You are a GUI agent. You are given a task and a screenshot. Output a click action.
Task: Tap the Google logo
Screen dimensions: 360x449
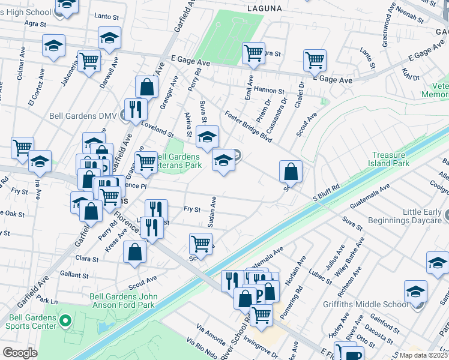tap(19, 353)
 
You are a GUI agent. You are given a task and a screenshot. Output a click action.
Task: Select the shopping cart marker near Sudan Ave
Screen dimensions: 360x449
tap(200, 243)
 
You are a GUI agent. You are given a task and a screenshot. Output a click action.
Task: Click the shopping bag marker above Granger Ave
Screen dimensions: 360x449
tap(146, 87)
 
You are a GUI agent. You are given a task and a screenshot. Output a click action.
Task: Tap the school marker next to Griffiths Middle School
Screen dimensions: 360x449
tap(415, 292)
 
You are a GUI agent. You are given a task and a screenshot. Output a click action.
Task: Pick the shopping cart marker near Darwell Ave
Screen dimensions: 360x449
tap(89, 61)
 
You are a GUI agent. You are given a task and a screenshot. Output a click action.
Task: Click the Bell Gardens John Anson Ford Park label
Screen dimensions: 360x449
tap(124, 301)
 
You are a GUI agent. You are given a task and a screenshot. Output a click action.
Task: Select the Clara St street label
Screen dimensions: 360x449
tap(87, 259)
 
